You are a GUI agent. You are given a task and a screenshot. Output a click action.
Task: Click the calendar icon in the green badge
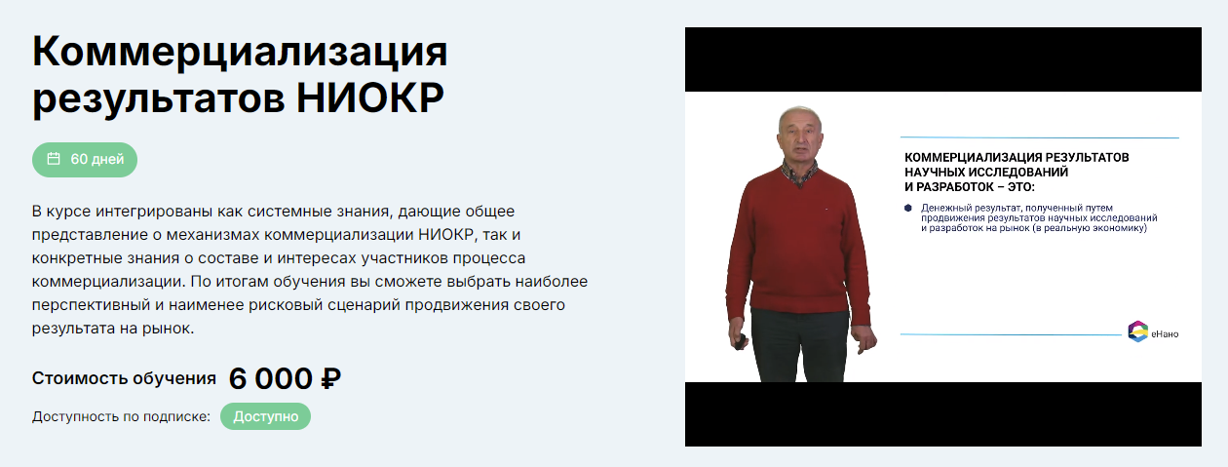(x=54, y=159)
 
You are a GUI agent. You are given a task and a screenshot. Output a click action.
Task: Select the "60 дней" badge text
(x=96, y=159)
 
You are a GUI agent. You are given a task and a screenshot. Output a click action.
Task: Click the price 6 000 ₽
(x=284, y=378)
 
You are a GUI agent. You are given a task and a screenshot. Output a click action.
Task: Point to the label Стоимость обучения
(x=124, y=378)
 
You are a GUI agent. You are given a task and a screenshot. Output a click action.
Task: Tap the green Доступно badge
(x=265, y=416)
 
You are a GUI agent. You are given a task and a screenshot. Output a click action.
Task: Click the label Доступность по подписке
(x=121, y=416)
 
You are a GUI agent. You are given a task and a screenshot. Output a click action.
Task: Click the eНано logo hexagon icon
(x=1137, y=331)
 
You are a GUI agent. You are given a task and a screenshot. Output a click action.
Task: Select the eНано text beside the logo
(x=1164, y=334)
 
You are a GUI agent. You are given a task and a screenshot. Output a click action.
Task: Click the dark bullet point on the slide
(x=907, y=208)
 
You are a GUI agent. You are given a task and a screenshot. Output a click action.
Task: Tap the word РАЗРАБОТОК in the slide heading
(x=970, y=185)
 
